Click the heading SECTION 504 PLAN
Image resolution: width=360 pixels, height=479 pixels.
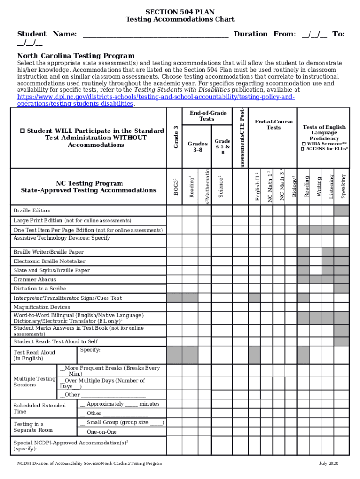pos(180,12)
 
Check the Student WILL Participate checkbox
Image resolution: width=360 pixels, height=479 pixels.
pos(23,131)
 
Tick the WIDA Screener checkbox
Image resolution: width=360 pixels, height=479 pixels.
pos(303,144)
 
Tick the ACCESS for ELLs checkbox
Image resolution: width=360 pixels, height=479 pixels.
pos(302,149)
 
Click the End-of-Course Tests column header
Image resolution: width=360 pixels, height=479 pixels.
pos(274,124)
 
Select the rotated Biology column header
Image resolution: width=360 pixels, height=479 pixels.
pos(294,187)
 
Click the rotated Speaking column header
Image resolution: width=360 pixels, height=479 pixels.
pos(343,186)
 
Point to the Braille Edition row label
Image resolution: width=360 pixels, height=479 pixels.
pos(32,210)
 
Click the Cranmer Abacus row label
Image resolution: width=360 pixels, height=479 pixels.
pos(35,280)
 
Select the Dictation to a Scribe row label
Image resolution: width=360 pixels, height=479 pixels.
pos(40,289)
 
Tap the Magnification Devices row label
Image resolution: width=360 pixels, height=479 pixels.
pos(42,307)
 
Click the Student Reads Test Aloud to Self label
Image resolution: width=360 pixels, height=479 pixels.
pos(56,342)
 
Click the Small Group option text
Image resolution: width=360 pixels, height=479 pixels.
pos(124,422)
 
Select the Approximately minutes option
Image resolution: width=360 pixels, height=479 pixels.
pos(122,404)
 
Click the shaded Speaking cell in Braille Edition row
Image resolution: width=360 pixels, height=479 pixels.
pos(341,210)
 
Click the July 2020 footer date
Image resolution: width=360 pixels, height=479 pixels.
pos(329,464)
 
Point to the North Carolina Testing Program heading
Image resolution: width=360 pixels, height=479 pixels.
pos(76,56)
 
